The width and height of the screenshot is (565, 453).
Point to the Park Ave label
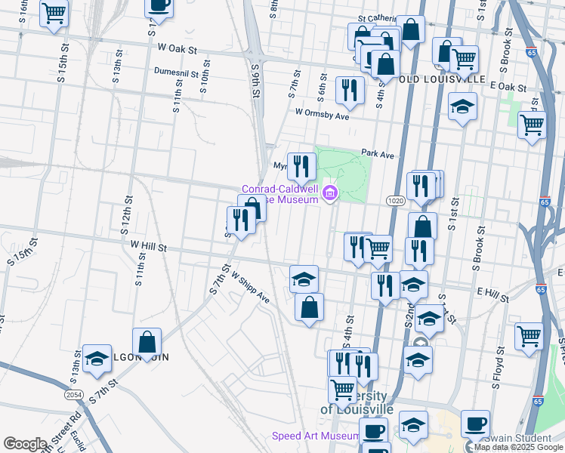tap(378, 153)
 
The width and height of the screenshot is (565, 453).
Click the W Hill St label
tap(148, 246)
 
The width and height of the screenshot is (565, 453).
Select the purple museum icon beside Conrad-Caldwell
tap(329, 195)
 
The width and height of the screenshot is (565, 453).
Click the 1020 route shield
tap(395, 200)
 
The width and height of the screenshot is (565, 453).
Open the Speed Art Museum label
tap(316, 436)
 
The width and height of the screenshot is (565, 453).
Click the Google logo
tap(25, 444)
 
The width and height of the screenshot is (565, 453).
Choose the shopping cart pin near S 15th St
tap(54, 14)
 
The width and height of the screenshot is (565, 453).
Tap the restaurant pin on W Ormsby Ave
tap(348, 90)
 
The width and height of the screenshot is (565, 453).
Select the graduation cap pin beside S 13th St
tap(97, 360)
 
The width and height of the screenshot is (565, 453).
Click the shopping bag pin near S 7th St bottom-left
tap(147, 341)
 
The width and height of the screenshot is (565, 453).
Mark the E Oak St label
tap(508, 87)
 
